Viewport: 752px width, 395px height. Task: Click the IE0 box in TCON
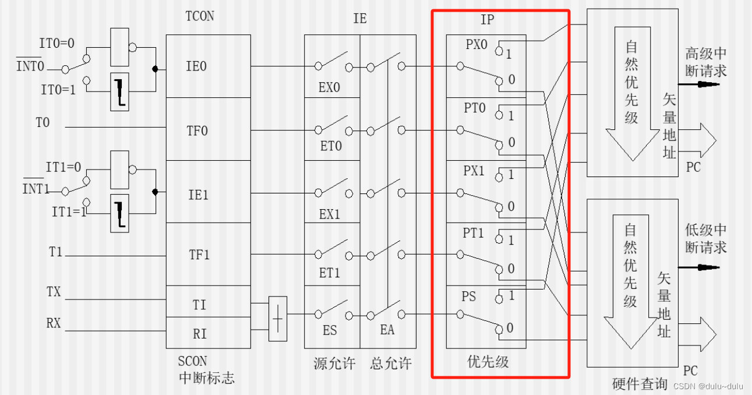196,66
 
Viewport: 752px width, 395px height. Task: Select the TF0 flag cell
197,131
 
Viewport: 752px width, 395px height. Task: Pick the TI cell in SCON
199,304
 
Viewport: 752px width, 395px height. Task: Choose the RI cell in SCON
199,334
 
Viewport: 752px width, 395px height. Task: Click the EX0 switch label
330,88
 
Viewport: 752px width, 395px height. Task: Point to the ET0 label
330,146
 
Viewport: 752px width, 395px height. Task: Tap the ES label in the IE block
330,330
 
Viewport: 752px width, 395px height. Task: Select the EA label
387,330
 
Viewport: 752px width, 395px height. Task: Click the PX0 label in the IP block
476,44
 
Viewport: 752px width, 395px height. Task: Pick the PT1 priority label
474,233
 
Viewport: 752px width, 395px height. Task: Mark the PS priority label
469,297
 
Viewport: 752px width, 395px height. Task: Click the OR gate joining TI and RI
278,319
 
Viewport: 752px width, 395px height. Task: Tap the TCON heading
199,16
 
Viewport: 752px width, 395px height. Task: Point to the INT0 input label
30,65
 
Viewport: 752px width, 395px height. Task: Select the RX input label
54,322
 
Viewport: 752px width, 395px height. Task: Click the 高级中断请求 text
706,63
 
